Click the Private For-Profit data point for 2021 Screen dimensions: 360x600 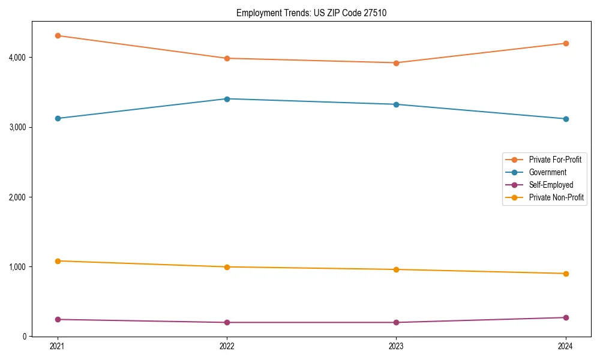click(58, 35)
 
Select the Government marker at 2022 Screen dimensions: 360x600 click(227, 99)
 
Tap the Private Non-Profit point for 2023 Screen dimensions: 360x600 click(397, 269)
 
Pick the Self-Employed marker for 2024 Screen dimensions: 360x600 click(566, 317)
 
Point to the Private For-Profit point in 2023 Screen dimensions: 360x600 click(397, 62)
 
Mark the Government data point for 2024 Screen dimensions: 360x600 click(566, 119)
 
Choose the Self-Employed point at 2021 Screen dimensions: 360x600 click(58, 319)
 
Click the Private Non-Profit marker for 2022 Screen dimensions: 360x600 click(227, 267)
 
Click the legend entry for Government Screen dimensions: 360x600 click(547, 172)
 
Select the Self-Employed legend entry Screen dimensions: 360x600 click(551, 185)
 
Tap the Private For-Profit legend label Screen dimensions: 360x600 click(555, 160)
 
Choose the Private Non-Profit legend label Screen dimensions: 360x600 click(556, 197)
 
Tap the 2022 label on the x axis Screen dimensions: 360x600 click(227, 346)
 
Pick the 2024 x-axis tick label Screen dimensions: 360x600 click(566, 346)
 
